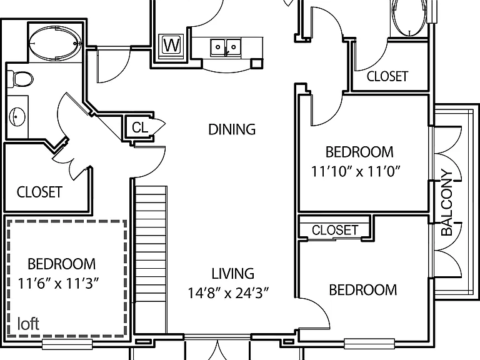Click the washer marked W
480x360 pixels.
point(171,46)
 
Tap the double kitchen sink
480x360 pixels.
point(226,47)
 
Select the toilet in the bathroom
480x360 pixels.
point(20,79)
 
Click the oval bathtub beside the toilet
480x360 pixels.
point(56,42)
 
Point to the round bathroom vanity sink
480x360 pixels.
point(17,117)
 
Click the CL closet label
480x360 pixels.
point(140,127)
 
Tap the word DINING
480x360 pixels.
point(232,129)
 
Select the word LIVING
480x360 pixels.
point(233,273)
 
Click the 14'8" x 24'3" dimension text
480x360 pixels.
point(228,293)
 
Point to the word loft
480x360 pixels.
point(28,324)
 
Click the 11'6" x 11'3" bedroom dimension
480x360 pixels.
point(59,284)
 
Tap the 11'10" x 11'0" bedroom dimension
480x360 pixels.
point(356,171)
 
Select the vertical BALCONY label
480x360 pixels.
point(447,202)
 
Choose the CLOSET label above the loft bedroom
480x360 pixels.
point(39,192)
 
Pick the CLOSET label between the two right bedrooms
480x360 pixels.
point(335,230)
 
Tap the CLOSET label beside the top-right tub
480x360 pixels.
point(387,76)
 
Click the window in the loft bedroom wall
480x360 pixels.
point(67,344)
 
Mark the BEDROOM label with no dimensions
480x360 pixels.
point(363,290)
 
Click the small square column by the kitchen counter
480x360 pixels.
point(257,63)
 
